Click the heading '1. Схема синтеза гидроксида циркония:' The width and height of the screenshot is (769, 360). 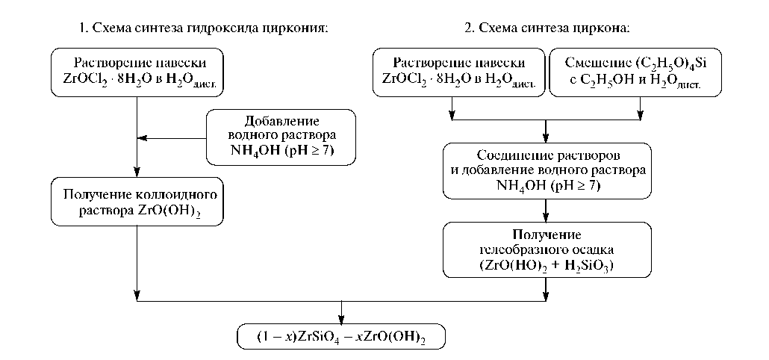point(203,28)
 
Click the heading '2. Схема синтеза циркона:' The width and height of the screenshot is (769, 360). point(547,28)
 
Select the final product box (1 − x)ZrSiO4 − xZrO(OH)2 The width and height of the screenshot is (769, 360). point(342,335)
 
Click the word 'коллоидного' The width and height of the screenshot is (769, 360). point(181,196)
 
